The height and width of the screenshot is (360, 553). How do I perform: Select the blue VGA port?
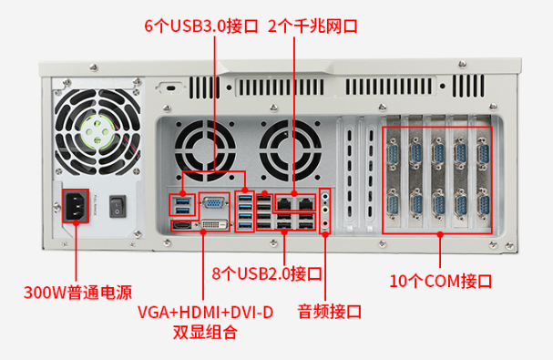point(212,204)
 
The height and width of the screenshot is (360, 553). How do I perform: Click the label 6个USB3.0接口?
point(201,26)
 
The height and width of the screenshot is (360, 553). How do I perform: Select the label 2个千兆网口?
point(312,26)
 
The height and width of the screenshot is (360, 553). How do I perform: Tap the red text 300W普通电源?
point(77,293)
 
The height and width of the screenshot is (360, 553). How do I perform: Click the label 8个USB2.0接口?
point(267,273)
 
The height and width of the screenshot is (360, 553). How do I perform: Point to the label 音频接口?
point(329,312)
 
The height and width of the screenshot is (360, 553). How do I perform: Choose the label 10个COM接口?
point(440,279)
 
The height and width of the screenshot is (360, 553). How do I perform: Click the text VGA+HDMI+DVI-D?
point(205,313)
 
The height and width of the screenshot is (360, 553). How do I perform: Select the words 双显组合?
point(205,333)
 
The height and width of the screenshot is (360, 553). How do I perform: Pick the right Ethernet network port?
point(307,201)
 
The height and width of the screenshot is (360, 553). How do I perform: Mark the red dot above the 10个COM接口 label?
point(440,233)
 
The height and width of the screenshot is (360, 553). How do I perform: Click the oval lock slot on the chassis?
point(169,88)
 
